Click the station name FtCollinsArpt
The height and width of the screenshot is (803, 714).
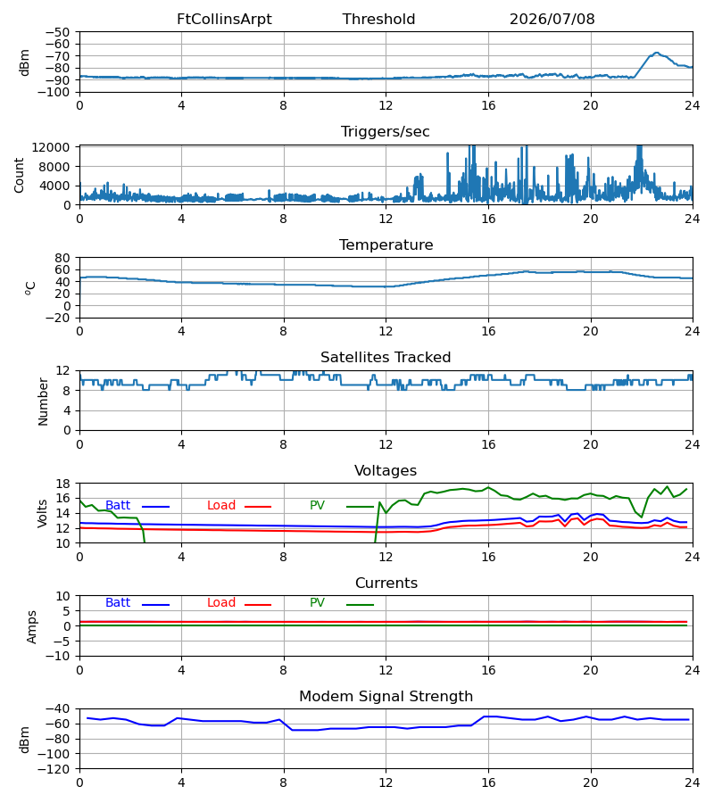coord(224,20)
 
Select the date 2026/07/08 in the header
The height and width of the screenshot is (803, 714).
coord(552,20)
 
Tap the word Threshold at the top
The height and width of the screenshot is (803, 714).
coord(379,20)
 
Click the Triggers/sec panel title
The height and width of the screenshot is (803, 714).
coord(386,132)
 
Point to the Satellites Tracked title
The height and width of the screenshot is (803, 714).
coord(386,358)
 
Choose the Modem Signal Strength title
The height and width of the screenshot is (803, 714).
coord(386,697)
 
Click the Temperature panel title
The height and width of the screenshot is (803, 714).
coord(386,244)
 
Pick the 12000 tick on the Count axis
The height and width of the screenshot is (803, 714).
coord(51,147)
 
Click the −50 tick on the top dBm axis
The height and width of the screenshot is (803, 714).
coord(57,32)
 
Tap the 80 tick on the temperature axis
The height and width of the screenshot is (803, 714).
coord(62,258)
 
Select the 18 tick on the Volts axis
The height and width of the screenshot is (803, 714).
coord(62,484)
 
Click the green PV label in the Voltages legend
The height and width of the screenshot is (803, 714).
coord(317,506)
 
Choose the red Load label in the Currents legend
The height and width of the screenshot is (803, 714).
coord(221,603)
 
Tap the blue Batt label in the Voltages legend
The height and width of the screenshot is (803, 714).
coord(118,506)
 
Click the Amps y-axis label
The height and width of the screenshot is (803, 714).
coord(32,627)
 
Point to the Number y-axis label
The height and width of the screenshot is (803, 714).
coord(43,401)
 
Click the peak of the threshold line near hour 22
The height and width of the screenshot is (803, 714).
coord(657,53)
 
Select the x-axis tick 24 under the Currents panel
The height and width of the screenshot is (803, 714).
coord(693,670)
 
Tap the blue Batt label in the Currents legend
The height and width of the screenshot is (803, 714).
coord(118,603)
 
